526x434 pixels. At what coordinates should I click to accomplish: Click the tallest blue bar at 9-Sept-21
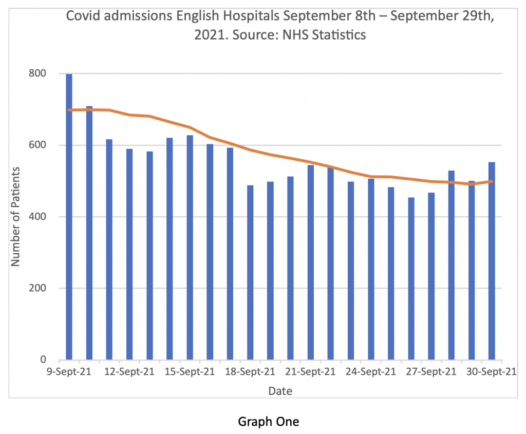tap(69, 216)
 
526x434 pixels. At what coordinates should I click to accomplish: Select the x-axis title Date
tap(280, 391)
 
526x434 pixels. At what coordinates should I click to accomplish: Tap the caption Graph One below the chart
tap(268, 422)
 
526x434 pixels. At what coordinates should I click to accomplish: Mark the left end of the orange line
tap(69, 110)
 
